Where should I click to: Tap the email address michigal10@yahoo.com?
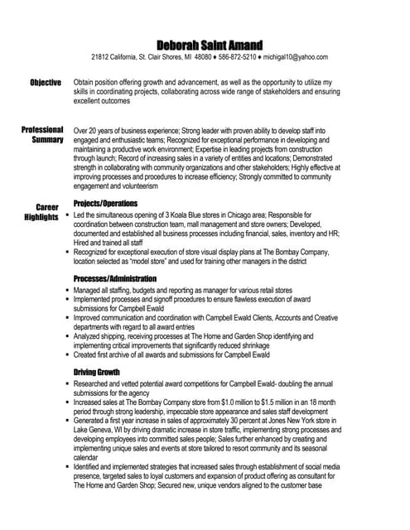click(295, 57)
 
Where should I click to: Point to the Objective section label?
click(46, 83)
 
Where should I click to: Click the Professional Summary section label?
click(42, 135)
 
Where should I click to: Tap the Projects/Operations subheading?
click(105, 204)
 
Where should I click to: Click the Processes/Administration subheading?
click(114, 279)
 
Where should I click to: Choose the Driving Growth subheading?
click(97, 372)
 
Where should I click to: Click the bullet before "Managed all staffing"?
click(66, 291)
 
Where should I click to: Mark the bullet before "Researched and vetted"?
click(66, 384)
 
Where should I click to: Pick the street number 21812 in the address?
click(101, 57)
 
